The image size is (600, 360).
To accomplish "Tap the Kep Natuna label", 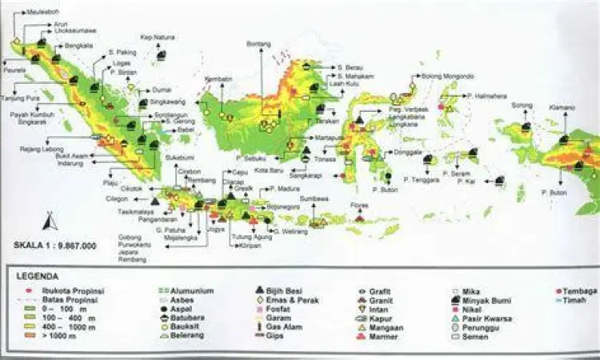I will (158, 38).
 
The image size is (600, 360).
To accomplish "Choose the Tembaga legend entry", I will (579, 291).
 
